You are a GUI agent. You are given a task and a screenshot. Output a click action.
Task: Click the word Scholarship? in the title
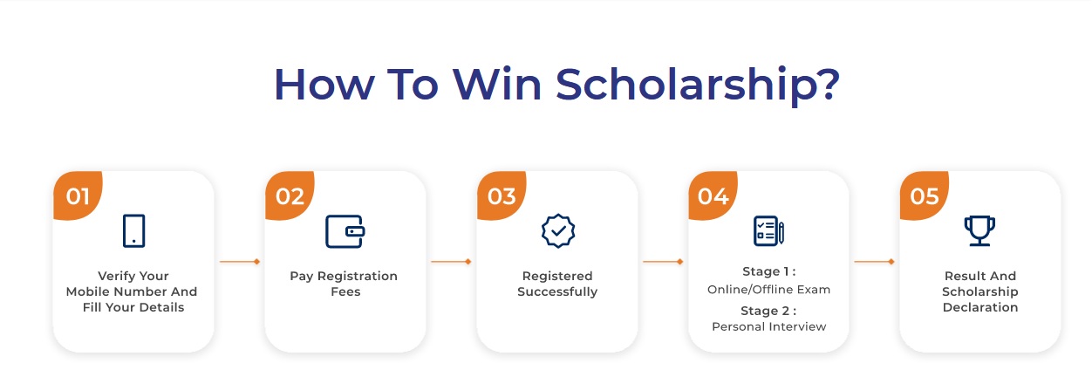click(x=698, y=86)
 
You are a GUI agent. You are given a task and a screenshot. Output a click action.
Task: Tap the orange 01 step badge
click(x=78, y=195)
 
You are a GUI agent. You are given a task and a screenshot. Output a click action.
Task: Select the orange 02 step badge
click(x=290, y=195)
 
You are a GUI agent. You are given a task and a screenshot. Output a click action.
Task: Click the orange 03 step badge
click(x=502, y=195)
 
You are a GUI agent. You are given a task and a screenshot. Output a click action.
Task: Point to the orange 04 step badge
click(x=713, y=195)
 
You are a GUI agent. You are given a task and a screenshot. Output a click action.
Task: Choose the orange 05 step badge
click(x=925, y=195)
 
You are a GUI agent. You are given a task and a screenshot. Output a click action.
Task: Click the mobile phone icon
click(x=133, y=230)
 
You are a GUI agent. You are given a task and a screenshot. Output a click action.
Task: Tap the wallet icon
click(x=345, y=231)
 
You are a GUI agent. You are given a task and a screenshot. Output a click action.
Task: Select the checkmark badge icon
click(x=558, y=230)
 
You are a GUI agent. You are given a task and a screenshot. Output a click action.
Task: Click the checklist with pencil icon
click(x=768, y=230)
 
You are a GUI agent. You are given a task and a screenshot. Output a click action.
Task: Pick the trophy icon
click(x=979, y=230)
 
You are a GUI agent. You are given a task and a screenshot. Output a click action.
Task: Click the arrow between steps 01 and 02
click(x=240, y=262)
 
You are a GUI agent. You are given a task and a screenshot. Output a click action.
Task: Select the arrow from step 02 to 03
click(x=452, y=262)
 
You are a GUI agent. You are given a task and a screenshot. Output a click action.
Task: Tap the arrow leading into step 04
click(x=663, y=262)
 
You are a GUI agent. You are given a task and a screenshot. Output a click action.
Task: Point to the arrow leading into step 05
click(x=875, y=262)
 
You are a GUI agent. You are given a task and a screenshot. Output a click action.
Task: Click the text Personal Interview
click(x=768, y=326)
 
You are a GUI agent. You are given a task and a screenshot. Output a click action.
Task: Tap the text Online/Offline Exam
click(x=768, y=289)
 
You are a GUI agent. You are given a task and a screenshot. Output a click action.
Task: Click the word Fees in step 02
click(x=345, y=291)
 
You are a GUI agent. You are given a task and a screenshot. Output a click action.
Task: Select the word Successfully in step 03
click(x=557, y=291)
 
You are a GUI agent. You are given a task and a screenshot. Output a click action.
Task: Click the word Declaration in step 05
click(x=980, y=307)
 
